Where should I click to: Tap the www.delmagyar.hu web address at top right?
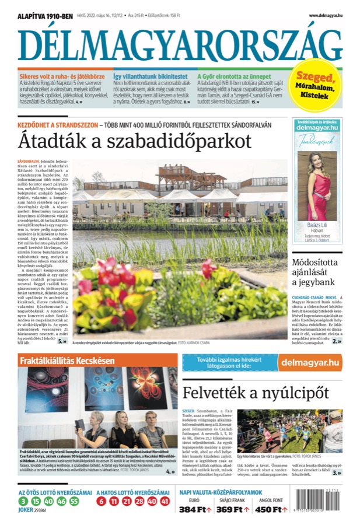point(325,16)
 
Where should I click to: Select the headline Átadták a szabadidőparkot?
point(134,141)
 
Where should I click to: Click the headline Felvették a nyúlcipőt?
point(256,391)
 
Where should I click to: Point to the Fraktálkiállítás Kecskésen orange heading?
point(67,360)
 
